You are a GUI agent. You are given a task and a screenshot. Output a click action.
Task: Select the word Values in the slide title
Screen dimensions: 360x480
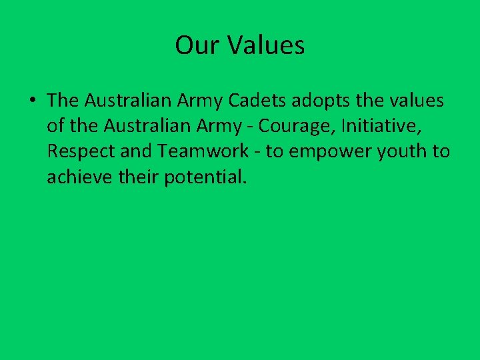coord(266,45)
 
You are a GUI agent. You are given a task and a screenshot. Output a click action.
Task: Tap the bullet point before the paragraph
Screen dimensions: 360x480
coord(32,101)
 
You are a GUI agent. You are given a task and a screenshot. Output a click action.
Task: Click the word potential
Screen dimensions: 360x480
coord(205,178)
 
